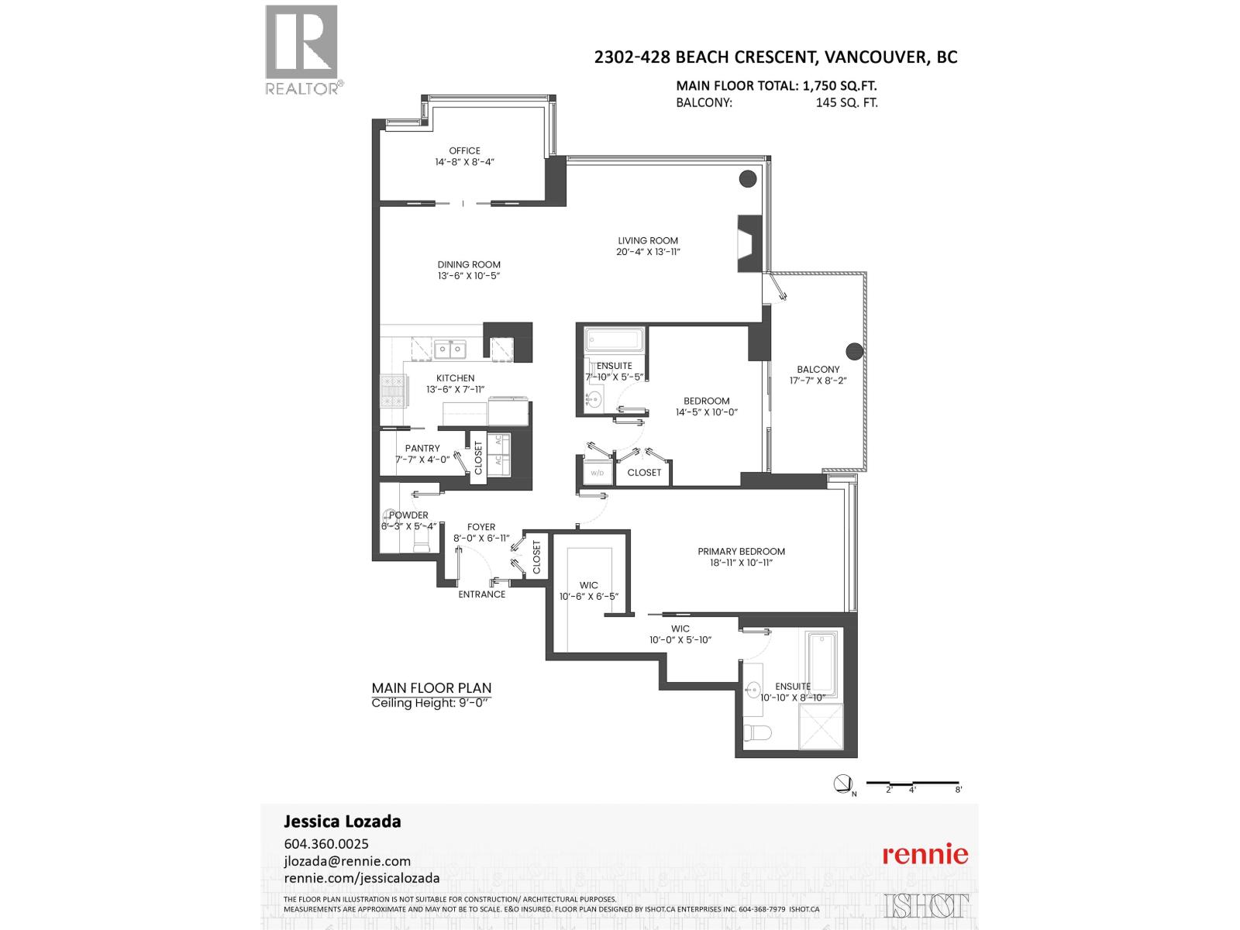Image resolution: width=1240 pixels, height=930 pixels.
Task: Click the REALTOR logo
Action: click(302, 49)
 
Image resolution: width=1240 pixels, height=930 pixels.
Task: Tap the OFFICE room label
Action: click(464, 151)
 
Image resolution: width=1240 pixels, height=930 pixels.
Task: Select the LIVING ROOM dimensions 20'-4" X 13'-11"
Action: click(648, 252)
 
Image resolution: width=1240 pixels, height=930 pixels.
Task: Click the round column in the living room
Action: click(747, 179)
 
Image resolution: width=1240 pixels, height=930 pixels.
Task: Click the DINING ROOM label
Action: click(469, 264)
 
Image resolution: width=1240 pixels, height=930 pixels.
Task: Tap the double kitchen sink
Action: click(449, 350)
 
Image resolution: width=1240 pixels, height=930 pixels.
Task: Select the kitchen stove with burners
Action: click(390, 391)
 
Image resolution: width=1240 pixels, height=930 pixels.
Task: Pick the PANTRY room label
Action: click(422, 448)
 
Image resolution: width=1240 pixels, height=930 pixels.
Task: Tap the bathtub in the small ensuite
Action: click(615, 339)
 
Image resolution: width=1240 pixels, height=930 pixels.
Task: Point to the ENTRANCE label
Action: click(481, 594)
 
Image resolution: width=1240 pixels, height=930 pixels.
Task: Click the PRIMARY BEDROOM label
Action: click(741, 552)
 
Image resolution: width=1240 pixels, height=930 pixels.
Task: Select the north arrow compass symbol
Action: click(843, 784)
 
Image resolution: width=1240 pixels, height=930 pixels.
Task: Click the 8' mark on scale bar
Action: click(959, 790)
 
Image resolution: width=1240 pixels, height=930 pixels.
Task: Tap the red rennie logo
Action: click(925, 854)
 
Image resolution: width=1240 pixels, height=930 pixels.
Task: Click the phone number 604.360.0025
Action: click(326, 844)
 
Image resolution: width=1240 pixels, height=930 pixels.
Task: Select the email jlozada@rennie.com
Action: click(347, 861)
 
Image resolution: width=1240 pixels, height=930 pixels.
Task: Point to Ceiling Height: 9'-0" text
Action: click(432, 704)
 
